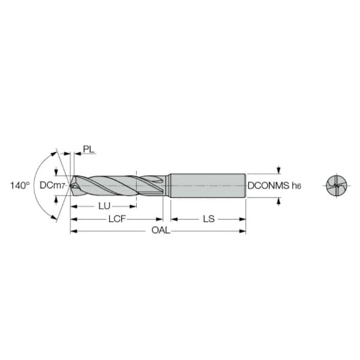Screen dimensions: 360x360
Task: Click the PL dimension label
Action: [89, 149]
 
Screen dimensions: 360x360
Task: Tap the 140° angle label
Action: [20, 185]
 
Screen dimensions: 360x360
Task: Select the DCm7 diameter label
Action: [52, 185]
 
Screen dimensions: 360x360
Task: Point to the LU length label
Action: [104, 206]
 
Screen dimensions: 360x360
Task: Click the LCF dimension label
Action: [117, 219]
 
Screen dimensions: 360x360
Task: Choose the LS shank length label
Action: [209, 219]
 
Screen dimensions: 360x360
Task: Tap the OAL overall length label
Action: [161, 230]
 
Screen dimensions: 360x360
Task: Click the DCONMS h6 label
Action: [274, 185]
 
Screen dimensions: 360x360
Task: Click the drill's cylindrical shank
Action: [208, 185]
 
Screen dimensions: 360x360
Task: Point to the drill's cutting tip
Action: [71, 185]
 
